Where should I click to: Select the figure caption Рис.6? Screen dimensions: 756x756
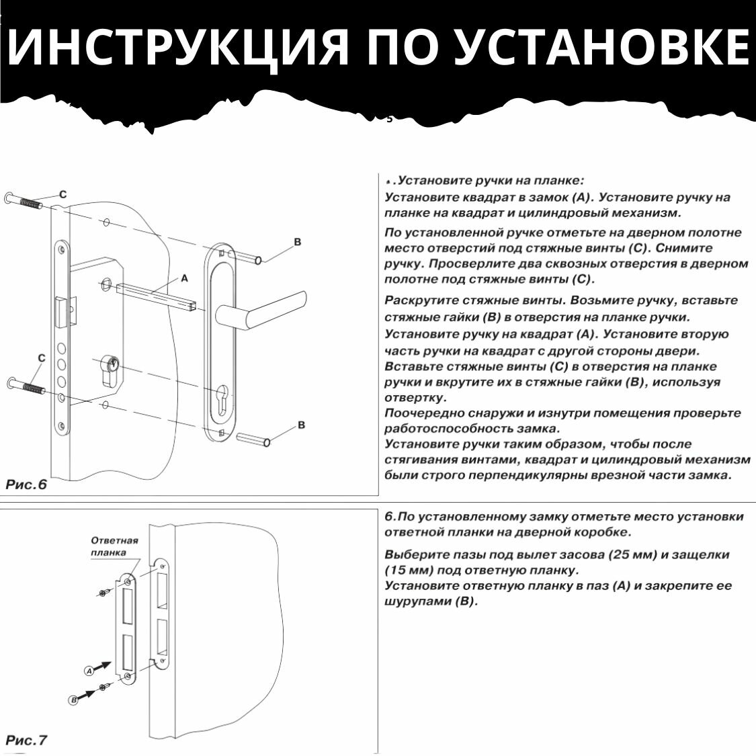[27, 485]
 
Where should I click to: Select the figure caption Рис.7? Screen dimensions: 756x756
[27, 741]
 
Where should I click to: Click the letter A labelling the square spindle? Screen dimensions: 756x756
[184, 278]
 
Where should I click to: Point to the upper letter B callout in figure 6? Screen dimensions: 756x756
[298, 242]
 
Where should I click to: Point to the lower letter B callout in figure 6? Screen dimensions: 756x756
[301, 425]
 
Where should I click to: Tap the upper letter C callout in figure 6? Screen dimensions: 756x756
[63, 194]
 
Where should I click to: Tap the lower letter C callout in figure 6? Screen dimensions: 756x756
[42, 358]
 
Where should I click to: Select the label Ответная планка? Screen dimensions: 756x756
[114, 546]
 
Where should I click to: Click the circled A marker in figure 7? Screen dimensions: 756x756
[89, 670]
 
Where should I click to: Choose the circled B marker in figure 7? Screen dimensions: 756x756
[74, 700]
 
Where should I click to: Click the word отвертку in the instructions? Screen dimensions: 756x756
[415, 398]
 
